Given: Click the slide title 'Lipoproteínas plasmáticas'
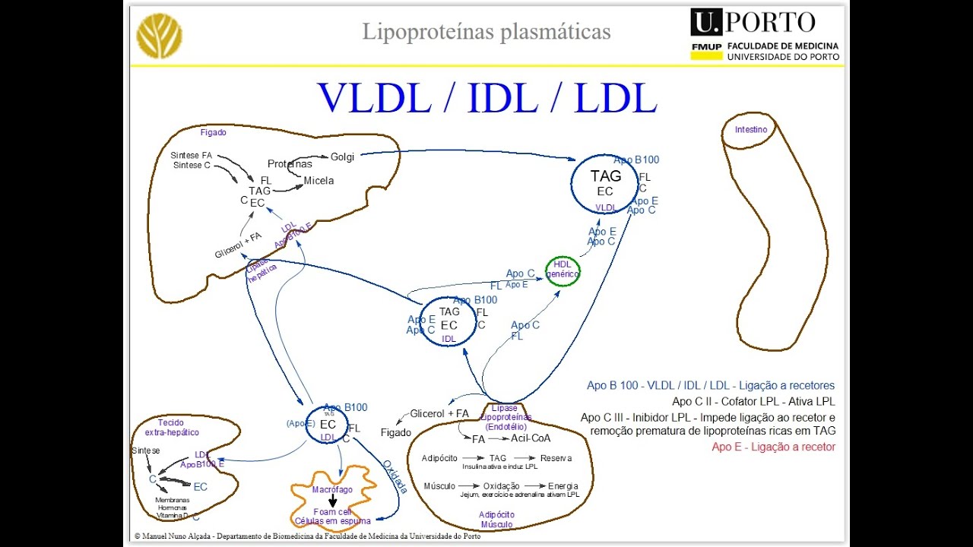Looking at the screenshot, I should [486, 32].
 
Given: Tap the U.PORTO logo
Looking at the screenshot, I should [765, 35].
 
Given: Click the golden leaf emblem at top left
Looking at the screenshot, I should [159, 36].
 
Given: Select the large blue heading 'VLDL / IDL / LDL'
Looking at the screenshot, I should [486, 97].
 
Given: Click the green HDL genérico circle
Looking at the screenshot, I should [563, 270].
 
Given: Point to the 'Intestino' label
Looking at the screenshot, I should [750, 130].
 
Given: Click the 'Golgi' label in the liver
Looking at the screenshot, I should [342, 157].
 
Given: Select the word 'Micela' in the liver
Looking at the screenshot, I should [319, 181].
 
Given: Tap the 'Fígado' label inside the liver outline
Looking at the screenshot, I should [213, 132].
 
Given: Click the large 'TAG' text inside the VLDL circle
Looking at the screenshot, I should [605, 175].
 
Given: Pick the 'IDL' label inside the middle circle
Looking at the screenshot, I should [449, 339].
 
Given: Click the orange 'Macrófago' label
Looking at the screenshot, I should [332, 490].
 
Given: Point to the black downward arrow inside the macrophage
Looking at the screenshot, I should [332, 501].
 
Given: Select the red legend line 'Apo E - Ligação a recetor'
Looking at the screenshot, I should [773, 447].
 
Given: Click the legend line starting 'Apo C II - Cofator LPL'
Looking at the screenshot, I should [753, 401].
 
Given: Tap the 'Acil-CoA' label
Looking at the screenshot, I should [531, 438].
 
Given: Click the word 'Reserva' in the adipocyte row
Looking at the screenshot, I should [556, 458].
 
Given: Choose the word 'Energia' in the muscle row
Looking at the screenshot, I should [563, 486].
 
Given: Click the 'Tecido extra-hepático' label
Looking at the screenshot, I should [172, 428].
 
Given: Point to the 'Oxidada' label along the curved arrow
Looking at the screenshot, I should [395, 476].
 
